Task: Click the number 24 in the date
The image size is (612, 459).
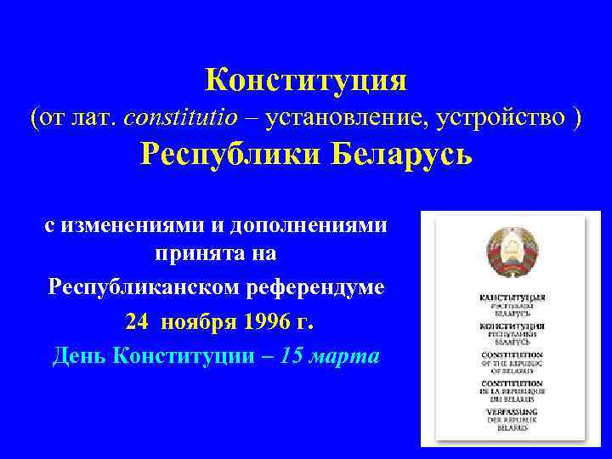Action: (135, 322)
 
